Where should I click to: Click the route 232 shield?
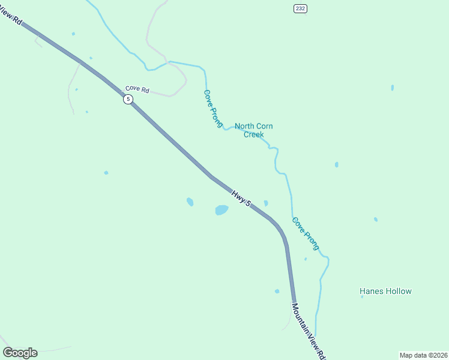coord(300,8)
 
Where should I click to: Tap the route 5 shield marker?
coord(128,99)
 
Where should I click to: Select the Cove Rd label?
coord(137,89)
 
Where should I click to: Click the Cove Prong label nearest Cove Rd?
coord(212,108)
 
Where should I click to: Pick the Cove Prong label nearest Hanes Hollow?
coord(306,233)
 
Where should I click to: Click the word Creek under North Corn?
coord(253,134)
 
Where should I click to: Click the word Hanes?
coord(371,291)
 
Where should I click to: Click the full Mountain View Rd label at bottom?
coord(309,331)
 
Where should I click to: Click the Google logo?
coord(20,353)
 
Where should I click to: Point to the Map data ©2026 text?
coord(423,355)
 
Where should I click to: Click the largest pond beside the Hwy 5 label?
coord(221,210)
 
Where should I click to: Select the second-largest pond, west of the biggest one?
coord(190,202)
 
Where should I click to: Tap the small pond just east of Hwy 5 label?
coord(265,203)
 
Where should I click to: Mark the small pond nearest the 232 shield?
coord(393,88)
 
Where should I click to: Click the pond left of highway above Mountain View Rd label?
coord(277,292)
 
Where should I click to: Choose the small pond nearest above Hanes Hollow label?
coord(376,220)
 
